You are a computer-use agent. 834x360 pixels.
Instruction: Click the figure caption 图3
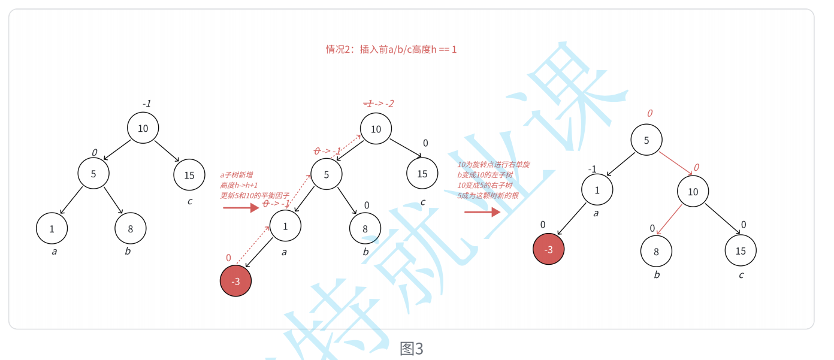(x=412, y=349)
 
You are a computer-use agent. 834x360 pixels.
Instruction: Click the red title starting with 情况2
(x=391, y=50)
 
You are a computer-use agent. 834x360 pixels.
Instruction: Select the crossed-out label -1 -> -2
(x=379, y=104)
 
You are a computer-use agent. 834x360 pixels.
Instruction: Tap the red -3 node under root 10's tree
(x=236, y=281)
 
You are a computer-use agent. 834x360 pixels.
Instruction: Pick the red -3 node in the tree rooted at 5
(x=549, y=250)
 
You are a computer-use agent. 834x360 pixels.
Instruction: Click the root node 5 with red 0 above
(x=646, y=140)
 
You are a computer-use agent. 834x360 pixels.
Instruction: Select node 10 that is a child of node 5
(x=693, y=192)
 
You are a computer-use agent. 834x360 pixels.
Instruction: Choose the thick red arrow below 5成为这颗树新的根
(x=482, y=211)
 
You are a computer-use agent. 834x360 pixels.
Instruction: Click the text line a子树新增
(x=236, y=175)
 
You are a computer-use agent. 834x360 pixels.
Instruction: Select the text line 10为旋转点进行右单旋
(x=493, y=165)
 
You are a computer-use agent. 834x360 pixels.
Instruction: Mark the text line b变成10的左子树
(x=485, y=175)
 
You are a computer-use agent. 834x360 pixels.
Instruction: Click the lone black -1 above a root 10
(x=146, y=104)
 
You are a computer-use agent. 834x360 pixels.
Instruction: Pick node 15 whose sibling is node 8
(x=741, y=250)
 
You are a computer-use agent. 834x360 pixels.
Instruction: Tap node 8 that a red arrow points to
(x=656, y=252)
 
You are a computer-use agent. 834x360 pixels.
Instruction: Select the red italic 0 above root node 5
(x=649, y=113)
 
